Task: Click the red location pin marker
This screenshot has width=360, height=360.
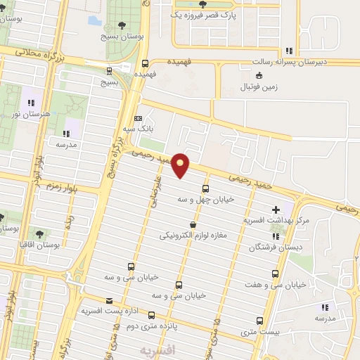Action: click(x=181, y=165)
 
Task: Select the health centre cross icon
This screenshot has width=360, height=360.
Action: click(x=276, y=209)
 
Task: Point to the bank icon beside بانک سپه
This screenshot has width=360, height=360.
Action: click(x=138, y=118)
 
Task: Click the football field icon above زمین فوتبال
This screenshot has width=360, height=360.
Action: click(x=259, y=76)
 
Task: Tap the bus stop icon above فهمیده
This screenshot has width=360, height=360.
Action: click(x=145, y=62)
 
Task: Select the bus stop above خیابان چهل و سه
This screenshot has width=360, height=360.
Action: click(x=205, y=188)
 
